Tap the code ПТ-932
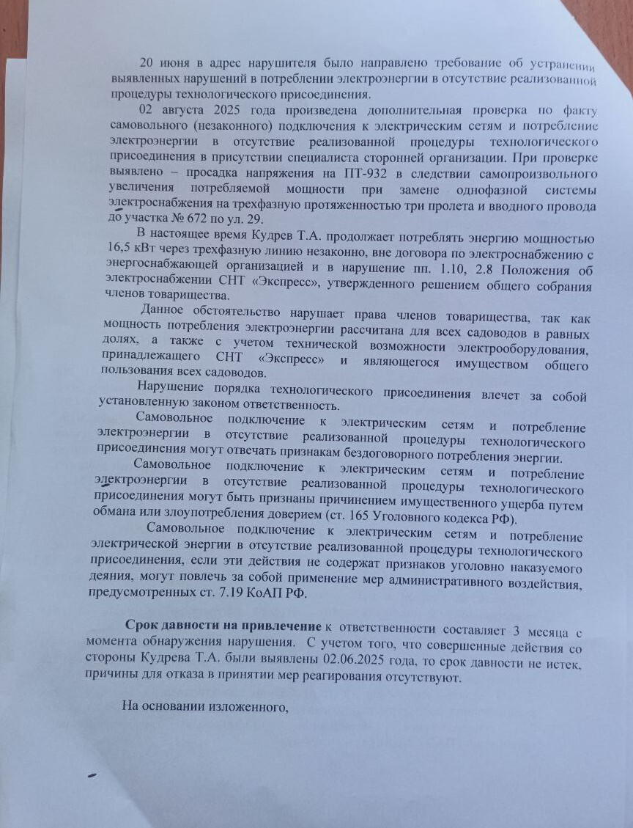381,174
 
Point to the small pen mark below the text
92,775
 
